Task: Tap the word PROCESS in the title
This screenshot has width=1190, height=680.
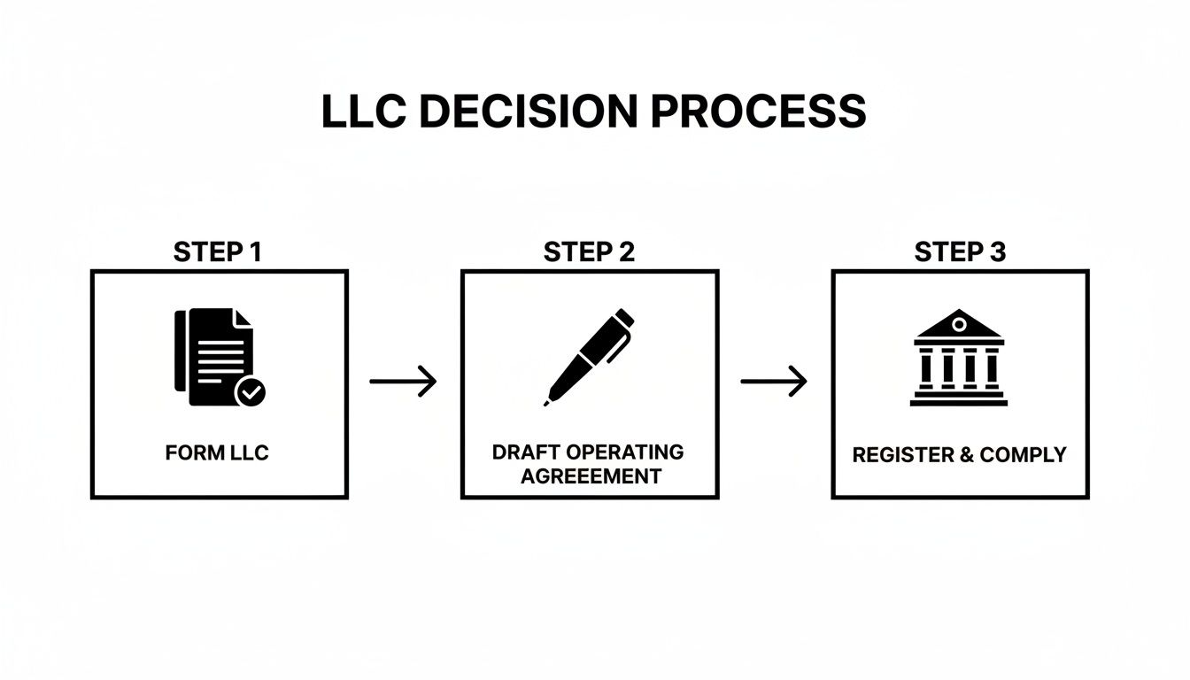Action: pos(758,112)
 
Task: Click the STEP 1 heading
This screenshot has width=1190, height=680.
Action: pos(218,252)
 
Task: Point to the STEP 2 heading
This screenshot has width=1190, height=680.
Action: pos(589,252)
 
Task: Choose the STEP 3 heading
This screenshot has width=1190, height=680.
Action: pos(960,252)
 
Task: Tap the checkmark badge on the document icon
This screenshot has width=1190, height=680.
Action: pos(251,390)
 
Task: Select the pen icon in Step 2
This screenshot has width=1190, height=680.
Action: pos(589,356)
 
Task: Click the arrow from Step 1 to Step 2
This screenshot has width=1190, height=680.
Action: pos(403,382)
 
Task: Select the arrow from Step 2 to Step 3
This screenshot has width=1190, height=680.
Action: pos(774,382)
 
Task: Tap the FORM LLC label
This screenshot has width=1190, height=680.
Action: pos(217,453)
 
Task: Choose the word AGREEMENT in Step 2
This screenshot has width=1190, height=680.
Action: pos(591,475)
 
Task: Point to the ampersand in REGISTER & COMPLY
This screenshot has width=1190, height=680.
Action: pos(961,455)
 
